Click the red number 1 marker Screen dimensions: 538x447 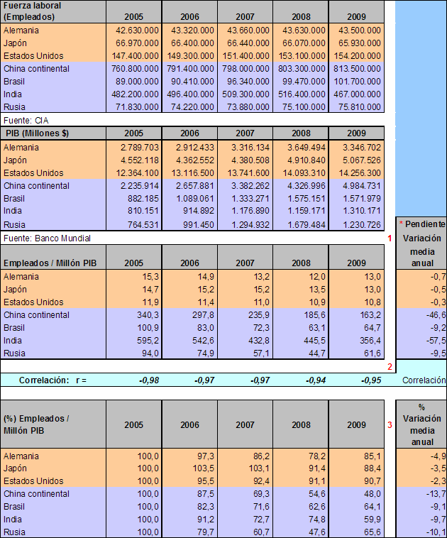390,238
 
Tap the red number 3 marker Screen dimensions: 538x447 390,426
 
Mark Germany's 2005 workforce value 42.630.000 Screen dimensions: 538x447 137,31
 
